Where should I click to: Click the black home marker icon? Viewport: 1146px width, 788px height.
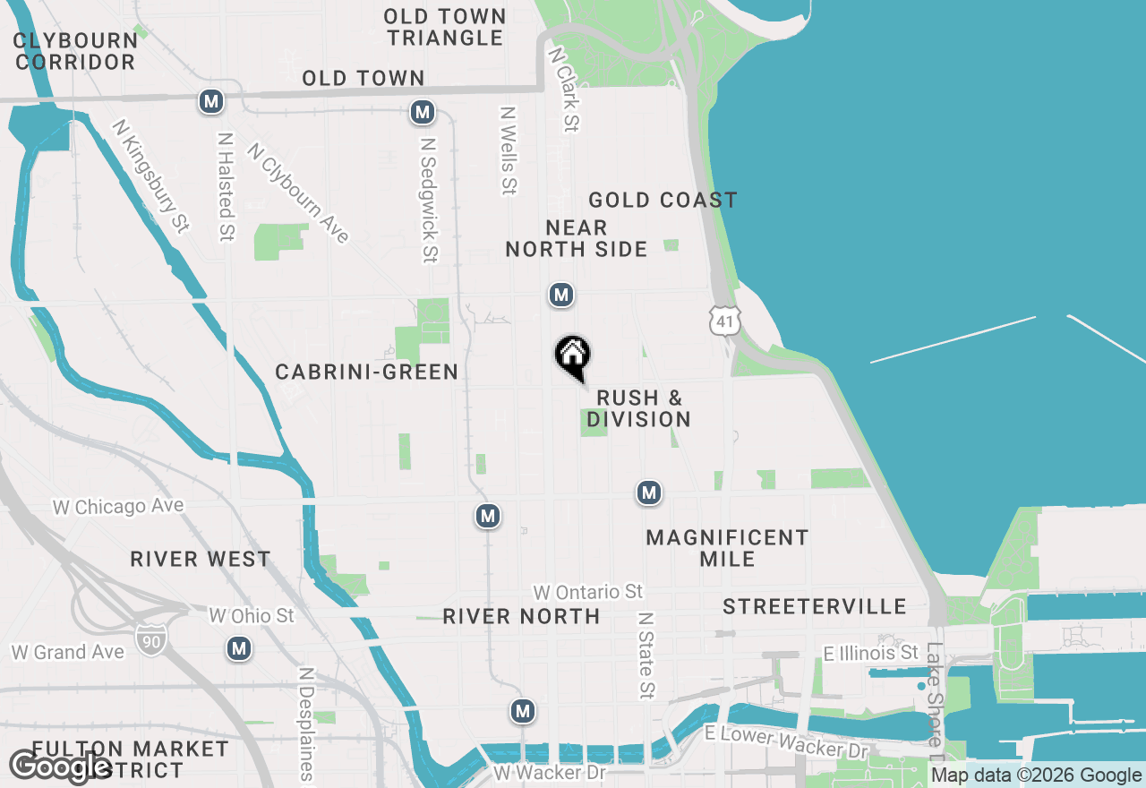click(x=573, y=355)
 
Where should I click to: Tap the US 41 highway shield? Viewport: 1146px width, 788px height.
click(x=724, y=320)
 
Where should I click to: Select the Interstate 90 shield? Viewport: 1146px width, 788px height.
click(x=150, y=638)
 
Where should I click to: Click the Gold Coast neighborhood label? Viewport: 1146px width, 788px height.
click(x=663, y=200)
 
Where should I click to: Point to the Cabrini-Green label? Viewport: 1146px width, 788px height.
click(x=367, y=372)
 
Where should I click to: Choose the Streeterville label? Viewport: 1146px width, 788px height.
click(x=815, y=606)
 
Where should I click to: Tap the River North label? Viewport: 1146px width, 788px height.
click(x=521, y=616)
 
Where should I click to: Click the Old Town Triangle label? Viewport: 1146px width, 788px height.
click(x=446, y=28)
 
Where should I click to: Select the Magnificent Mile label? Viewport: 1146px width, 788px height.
click(x=727, y=548)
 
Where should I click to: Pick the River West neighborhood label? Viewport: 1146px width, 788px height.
click(x=201, y=559)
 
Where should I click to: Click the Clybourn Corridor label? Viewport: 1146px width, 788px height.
click(x=75, y=51)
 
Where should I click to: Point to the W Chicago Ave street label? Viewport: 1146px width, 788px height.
click(x=118, y=507)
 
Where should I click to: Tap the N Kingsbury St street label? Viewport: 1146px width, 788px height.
click(x=150, y=176)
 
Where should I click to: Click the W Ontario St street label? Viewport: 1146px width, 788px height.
click(x=588, y=592)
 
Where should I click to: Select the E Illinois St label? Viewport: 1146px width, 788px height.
click(x=871, y=652)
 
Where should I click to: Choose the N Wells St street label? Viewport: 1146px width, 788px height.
click(x=509, y=150)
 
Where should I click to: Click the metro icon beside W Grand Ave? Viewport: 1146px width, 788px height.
click(x=238, y=648)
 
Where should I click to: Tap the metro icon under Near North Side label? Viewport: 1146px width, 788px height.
click(x=561, y=295)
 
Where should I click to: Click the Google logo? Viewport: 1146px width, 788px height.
click(x=60, y=767)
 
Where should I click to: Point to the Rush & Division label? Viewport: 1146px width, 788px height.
click(x=639, y=408)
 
